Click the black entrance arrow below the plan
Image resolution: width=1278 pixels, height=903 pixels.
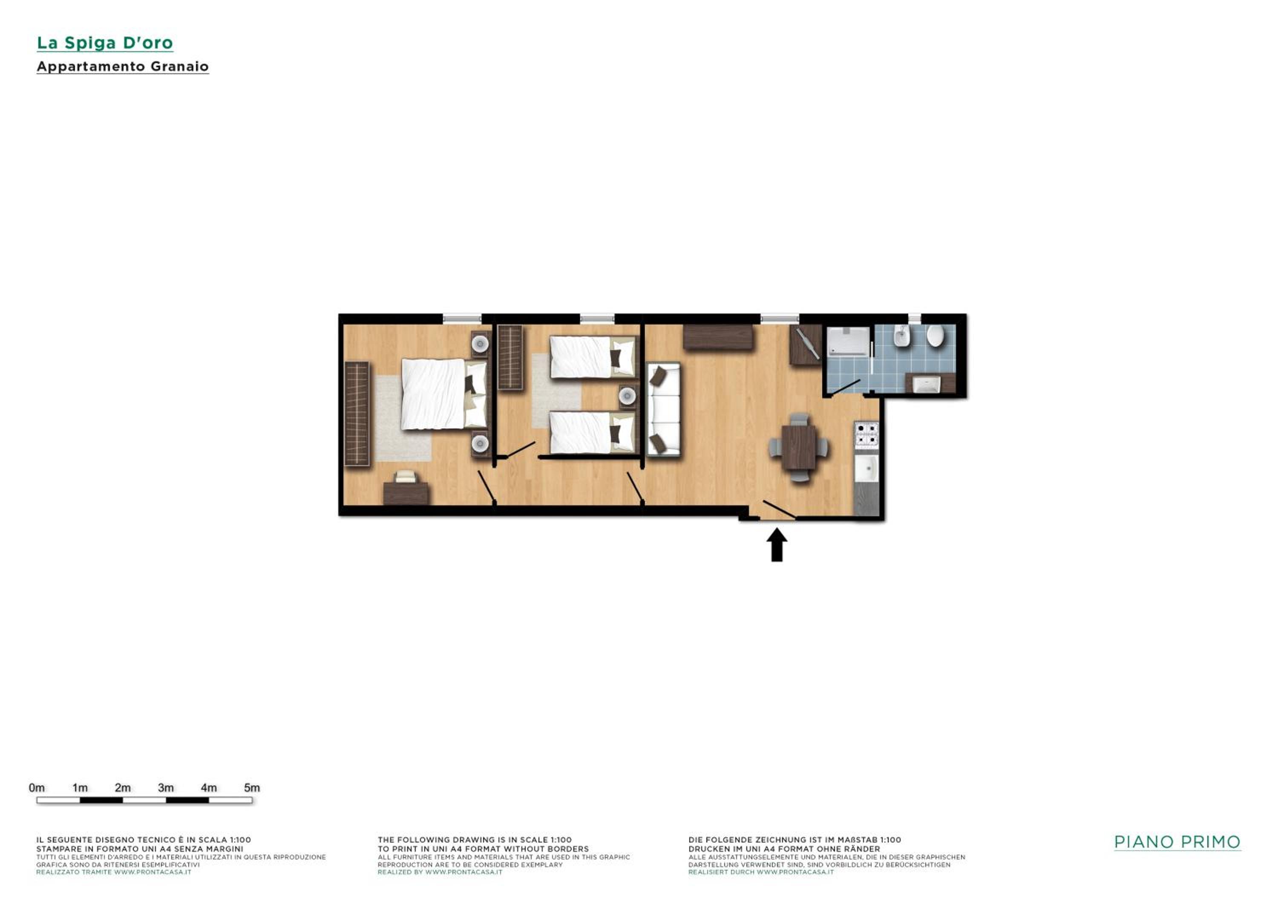point(777,545)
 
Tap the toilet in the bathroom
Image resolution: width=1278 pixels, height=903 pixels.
point(935,336)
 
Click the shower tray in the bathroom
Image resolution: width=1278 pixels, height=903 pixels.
point(848,341)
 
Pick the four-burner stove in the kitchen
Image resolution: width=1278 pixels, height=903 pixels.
point(866,434)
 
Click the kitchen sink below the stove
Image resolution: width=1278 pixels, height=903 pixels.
point(866,469)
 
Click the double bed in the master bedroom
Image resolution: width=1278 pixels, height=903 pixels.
point(443,394)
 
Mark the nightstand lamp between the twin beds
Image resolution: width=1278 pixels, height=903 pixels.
point(627,396)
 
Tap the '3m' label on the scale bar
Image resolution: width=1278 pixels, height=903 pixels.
point(166,788)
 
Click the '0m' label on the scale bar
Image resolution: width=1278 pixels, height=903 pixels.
point(37,788)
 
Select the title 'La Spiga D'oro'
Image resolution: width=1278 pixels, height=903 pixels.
point(105,43)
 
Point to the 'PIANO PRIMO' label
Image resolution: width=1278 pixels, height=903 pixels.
point(1177,842)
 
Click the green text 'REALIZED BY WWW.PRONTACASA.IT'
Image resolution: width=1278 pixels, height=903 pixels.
point(440,872)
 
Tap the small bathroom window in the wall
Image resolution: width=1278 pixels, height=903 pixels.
point(915,318)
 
